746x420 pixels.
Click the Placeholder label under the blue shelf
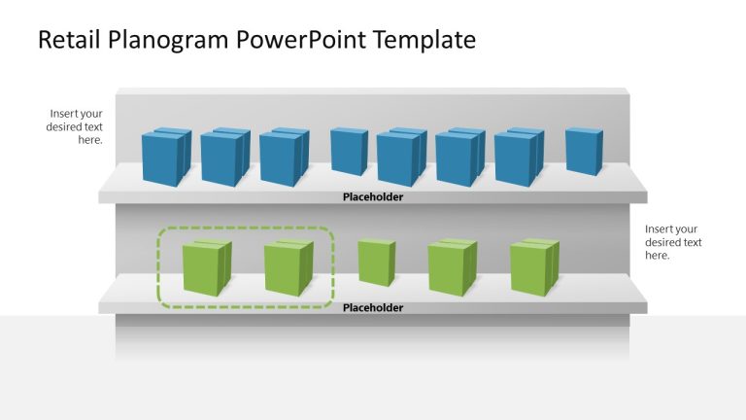tap(372, 197)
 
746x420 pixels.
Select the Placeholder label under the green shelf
tap(372, 308)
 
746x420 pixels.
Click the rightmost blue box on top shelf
tap(584, 152)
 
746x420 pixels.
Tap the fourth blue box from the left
tap(348, 152)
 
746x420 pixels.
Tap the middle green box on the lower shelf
tap(376, 262)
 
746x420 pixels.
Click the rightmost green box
tap(534, 267)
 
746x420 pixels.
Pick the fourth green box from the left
tap(452, 267)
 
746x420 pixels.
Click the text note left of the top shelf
tap(75, 126)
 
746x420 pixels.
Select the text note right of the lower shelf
tap(673, 242)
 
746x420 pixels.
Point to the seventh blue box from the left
tap(518, 157)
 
